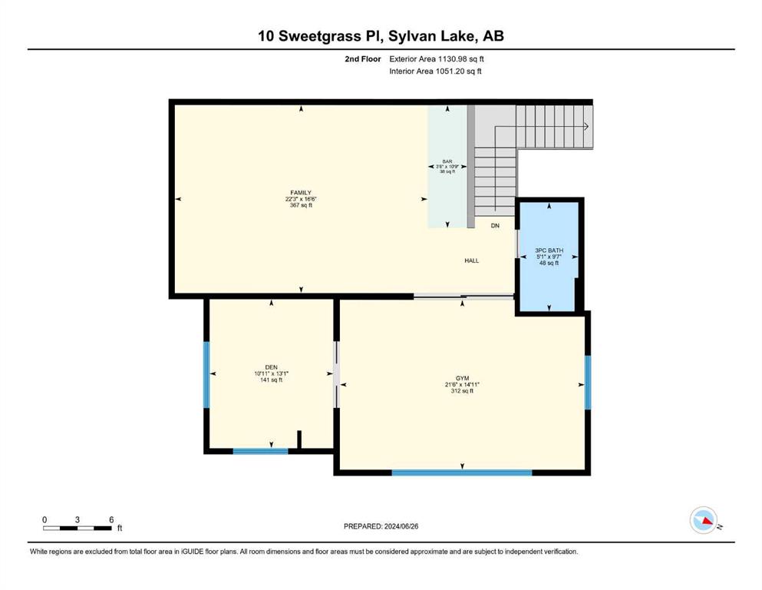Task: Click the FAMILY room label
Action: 301,193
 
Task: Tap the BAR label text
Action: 447,161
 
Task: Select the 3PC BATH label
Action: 549,250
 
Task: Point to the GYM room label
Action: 462,379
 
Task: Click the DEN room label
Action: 271,367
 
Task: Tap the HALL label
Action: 471,260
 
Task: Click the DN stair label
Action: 495,226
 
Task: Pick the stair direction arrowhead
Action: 586,127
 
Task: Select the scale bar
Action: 78,528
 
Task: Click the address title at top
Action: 381,36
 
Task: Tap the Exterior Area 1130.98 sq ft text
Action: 437,59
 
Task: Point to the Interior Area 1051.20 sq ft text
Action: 435,71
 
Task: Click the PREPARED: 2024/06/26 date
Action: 381,526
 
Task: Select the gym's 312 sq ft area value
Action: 462,391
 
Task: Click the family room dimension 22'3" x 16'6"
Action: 301,199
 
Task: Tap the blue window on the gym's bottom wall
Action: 462,472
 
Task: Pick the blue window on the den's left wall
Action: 206,375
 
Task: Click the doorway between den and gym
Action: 336,374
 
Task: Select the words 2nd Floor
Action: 362,59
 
